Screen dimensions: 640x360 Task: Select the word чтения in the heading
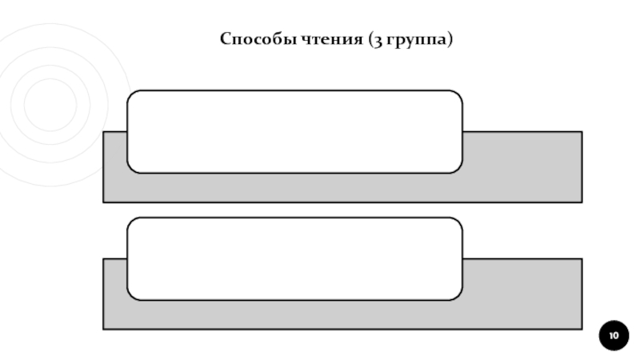pos(324,39)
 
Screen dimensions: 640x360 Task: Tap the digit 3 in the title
pos(376,40)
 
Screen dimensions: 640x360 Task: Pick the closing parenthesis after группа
pos(450,40)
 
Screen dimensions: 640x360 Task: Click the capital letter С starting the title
pos(224,39)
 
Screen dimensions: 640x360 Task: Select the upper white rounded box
pos(294,131)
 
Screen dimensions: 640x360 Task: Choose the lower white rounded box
pos(294,258)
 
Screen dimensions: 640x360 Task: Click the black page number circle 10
pos(614,335)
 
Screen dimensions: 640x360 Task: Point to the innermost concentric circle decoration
pos(50,104)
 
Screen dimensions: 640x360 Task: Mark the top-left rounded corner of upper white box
pos(131,94)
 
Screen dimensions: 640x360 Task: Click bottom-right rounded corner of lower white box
pos(458,296)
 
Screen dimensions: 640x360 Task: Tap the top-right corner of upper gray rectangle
pos(581,133)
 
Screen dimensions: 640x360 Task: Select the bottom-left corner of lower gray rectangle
pos(104,328)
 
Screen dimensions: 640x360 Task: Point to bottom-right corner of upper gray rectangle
pos(581,201)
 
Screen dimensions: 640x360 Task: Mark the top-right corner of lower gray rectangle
pos(581,260)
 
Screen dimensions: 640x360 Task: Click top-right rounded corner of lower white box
pos(458,222)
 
